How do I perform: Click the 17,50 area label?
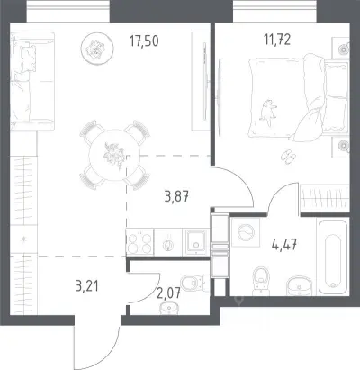click(144, 41)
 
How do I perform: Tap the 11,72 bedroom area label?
click(277, 40)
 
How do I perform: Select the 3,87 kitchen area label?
click(176, 197)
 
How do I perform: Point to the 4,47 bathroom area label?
click(284, 246)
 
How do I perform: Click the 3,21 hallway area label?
click(87, 286)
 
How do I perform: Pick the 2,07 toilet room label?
click(168, 293)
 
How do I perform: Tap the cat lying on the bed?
click(268, 113)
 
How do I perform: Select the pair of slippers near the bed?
click(288, 156)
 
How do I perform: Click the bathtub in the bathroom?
click(333, 257)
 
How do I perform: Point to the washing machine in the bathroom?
click(246, 232)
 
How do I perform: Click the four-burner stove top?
click(139, 242)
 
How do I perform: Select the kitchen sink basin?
click(195, 242)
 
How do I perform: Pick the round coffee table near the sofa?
click(97, 48)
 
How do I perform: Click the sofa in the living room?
click(32, 81)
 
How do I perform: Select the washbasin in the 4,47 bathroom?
click(300, 285)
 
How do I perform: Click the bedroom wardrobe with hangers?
click(325, 198)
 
